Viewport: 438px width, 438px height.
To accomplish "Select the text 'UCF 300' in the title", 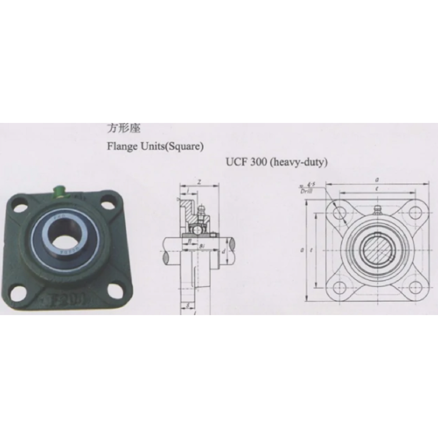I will pyautogui.click(x=246, y=162).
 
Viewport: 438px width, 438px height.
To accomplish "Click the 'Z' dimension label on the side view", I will pyautogui.click(x=199, y=181).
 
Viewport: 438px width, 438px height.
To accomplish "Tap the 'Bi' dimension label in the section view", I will pyautogui.click(x=202, y=246).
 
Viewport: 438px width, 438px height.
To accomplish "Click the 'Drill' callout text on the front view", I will pyautogui.click(x=306, y=191).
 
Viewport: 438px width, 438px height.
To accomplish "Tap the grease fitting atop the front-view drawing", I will pyautogui.click(x=377, y=209).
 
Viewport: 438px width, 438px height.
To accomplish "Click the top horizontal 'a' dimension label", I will pyautogui.click(x=377, y=180).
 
